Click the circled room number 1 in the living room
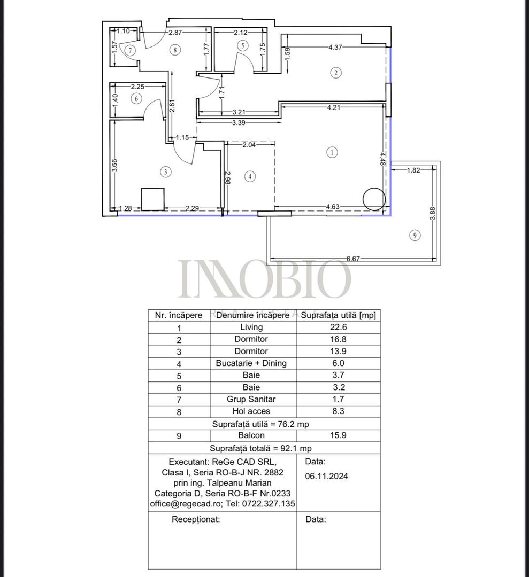click(x=332, y=152)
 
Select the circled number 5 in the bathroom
click(x=243, y=46)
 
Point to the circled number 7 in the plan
click(x=131, y=50)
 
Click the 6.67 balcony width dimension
click(x=352, y=259)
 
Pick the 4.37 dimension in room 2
click(x=336, y=47)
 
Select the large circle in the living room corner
click(x=373, y=199)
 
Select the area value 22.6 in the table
click(x=338, y=328)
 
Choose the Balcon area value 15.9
click(x=338, y=435)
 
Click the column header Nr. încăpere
click(x=179, y=315)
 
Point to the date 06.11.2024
click(x=326, y=477)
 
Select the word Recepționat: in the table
click(x=195, y=519)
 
